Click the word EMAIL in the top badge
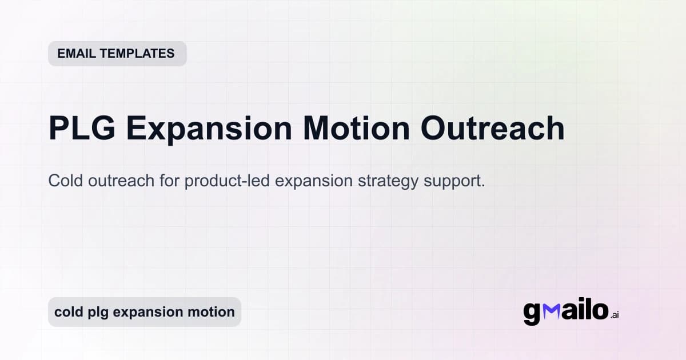[x=77, y=54]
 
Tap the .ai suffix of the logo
[x=615, y=315]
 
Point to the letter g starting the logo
[x=532, y=314]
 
